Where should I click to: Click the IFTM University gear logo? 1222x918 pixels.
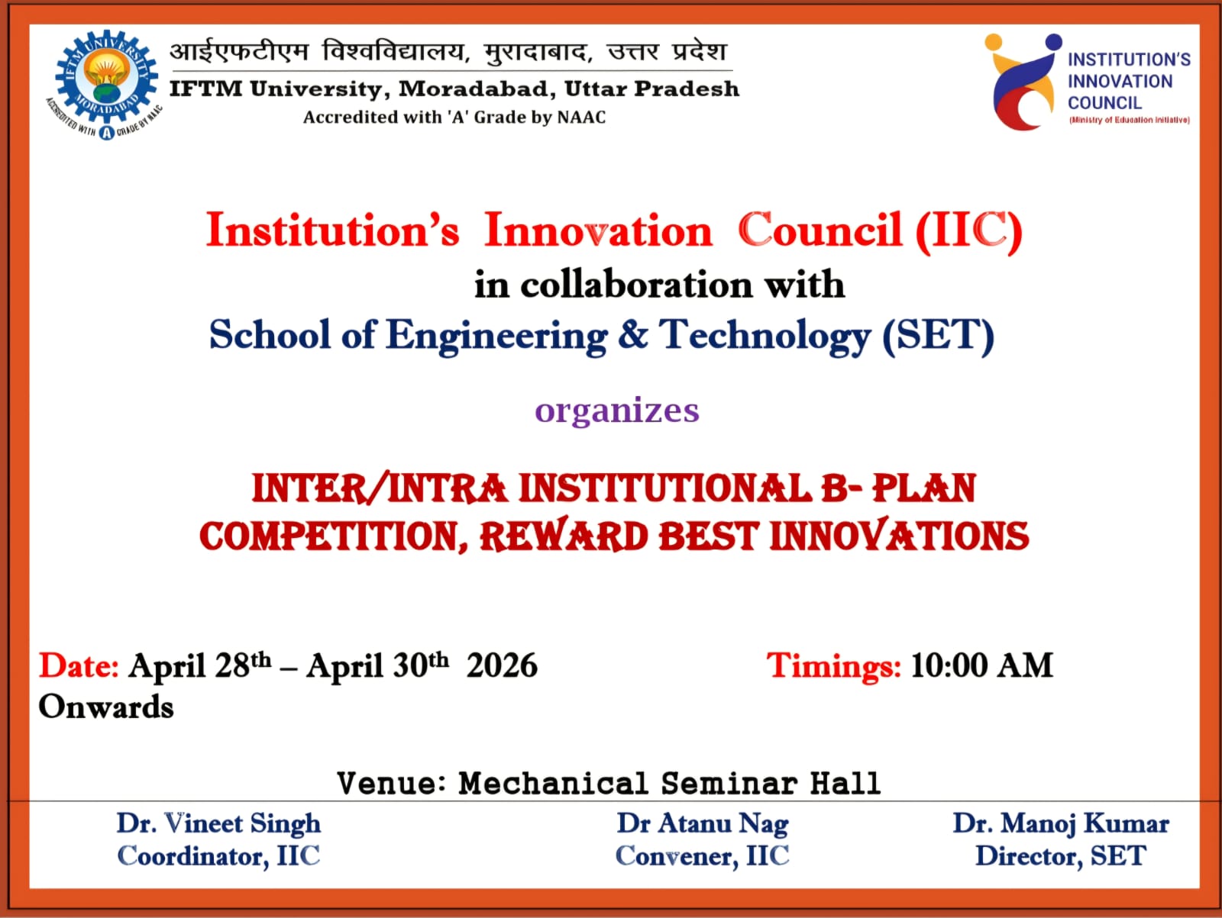coord(104,84)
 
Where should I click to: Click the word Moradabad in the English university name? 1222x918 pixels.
coord(477,89)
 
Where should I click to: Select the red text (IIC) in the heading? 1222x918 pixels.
coord(969,230)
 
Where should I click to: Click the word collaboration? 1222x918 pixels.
coord(636,285)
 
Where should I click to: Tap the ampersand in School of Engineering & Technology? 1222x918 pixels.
coord(633,334)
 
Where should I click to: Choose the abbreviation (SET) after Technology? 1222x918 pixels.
coord(938,335)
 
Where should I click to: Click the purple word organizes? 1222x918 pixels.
coord(617,411)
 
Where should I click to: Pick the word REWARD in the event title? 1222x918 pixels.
coord(564,536)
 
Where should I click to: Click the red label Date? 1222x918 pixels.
coord(79,665)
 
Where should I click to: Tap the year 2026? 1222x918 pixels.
coord(502,665)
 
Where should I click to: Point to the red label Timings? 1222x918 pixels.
coord(833,666)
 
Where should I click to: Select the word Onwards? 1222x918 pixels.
coord(105,707)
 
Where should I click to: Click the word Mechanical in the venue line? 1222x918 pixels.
coord(554,783)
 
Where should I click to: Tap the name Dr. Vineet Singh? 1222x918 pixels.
coord(218,823)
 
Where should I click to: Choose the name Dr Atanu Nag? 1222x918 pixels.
coord(702,823)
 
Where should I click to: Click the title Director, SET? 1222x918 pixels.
coord(1061,855)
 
